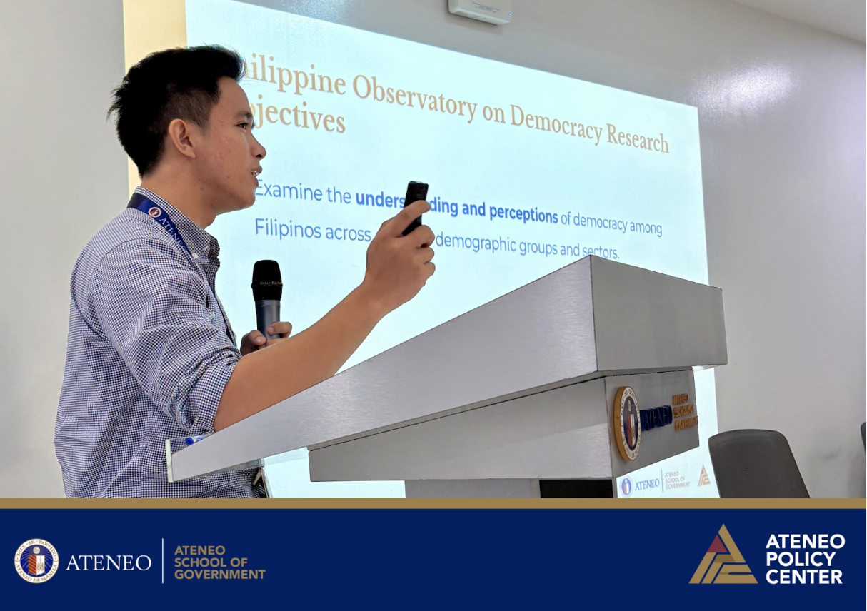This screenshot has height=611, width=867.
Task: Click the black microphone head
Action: (x=267, y=279)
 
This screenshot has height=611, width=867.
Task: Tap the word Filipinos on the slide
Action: (x=289, y=230)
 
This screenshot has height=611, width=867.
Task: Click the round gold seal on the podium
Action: (x=627, y=423)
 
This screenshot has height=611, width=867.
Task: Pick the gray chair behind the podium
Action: (x=758, y=463)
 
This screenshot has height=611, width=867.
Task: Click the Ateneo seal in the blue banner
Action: (x=36, y=561)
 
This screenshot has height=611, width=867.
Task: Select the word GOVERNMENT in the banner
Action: (x=219, y=574)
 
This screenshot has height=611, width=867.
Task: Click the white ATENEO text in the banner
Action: (x=109, y=562)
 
